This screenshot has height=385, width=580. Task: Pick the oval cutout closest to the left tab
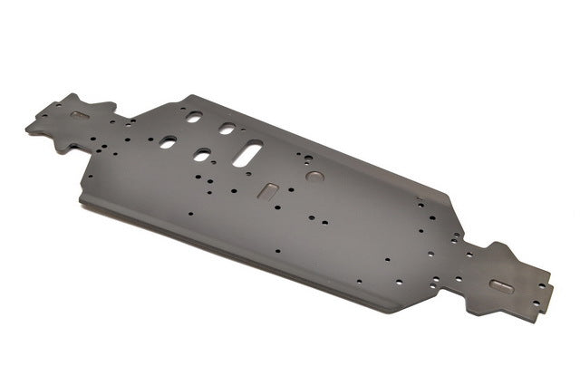169,142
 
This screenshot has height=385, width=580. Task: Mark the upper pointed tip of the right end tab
498,244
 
